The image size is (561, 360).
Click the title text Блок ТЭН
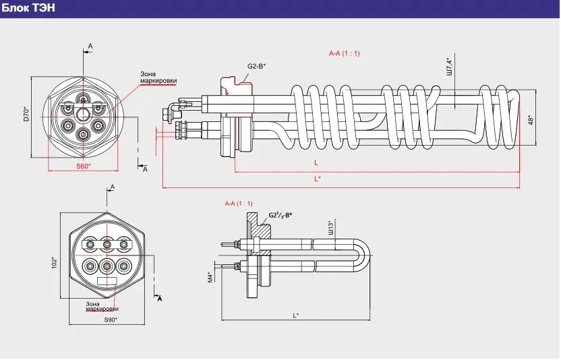[28, 8]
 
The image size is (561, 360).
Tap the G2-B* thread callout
[256, 66]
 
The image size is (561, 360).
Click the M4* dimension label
[210, 277]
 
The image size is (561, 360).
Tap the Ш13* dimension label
[330, 227]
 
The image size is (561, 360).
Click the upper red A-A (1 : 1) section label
[345, 53]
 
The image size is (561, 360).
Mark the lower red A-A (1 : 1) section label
[239, 203]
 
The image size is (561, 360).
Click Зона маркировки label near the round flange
[158, 78]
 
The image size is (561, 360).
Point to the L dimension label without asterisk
[316, 162]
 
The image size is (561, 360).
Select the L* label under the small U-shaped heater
[296, 315]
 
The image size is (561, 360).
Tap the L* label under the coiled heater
[318, 179]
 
